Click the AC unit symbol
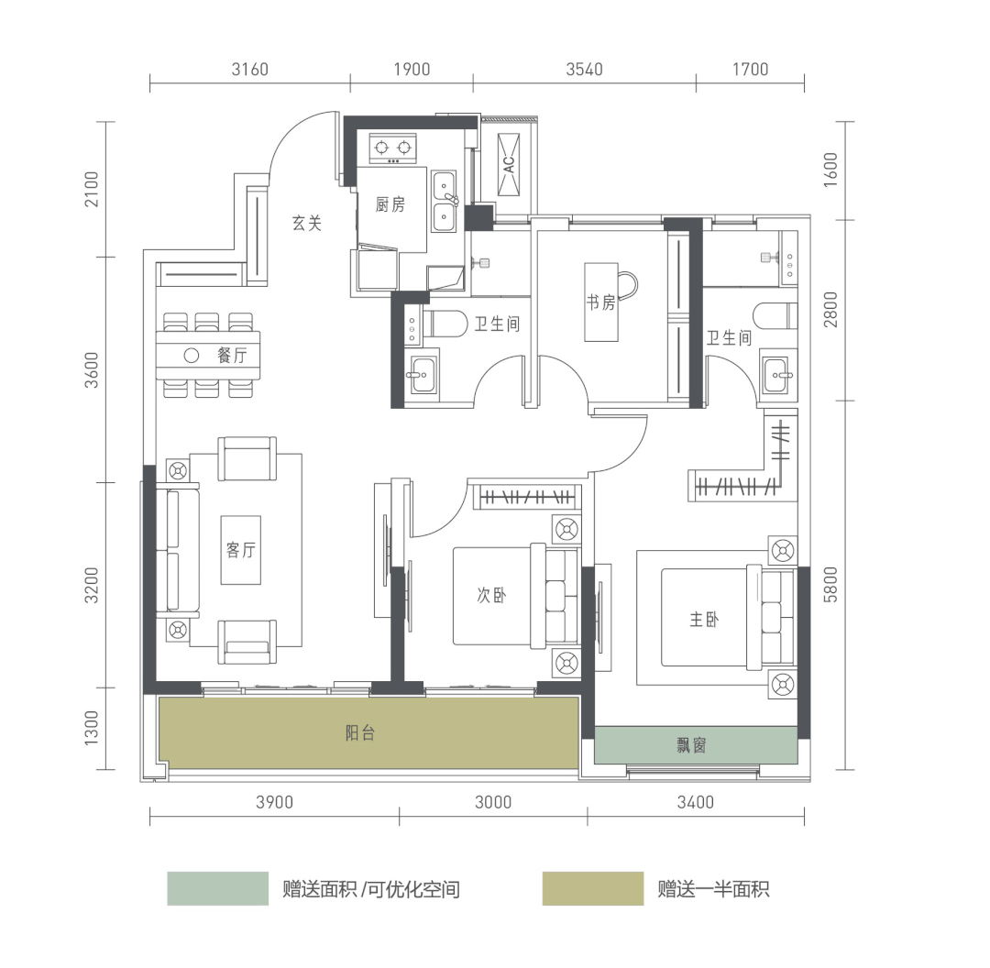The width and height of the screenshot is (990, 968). tap(508, 164)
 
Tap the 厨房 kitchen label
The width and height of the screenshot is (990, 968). tap(390, 204)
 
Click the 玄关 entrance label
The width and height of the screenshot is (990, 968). tap(307, 223)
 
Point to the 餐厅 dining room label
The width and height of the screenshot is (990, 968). tap(232, 356)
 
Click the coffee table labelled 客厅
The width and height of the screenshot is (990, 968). tap(240, 550)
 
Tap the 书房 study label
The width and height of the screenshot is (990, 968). tap(600, 302)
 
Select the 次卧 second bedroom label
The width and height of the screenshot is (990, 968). tap(491, 595)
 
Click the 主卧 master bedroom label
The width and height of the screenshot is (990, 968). tap(704, 620)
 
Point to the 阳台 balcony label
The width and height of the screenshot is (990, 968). tap(360, 733)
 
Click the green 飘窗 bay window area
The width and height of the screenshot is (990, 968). tap(696, 745)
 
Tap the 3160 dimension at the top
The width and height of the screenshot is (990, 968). tap(250, 70)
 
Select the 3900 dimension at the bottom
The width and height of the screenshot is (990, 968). tap(275, 803)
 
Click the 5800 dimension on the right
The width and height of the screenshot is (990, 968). tap(830, 585)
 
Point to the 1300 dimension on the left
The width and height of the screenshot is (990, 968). tap(91, 728)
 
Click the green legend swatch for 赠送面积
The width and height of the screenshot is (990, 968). tap(218, 888)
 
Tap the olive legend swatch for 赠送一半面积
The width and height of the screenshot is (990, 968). tap(593, 888)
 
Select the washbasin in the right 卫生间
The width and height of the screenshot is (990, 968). tap(778, 375)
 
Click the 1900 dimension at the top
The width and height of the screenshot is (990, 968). tap(412, 70)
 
